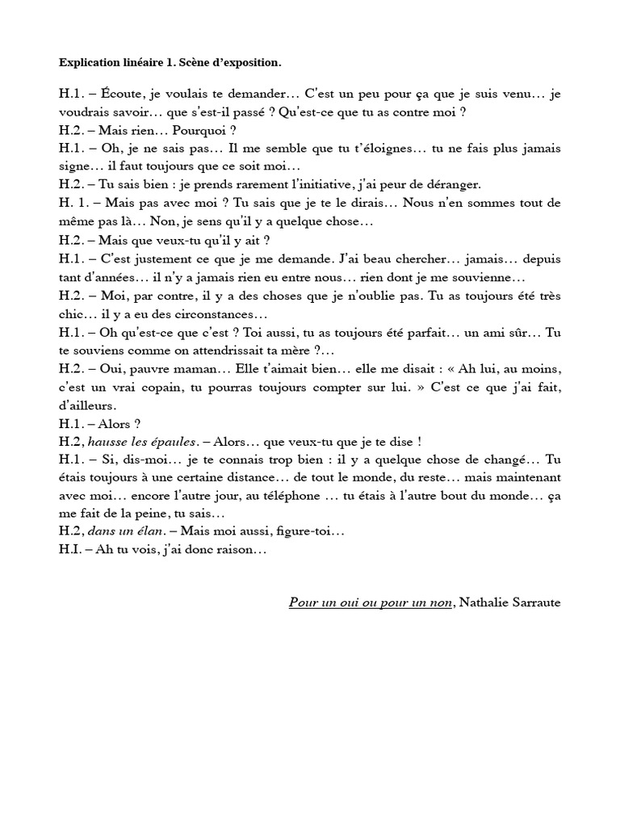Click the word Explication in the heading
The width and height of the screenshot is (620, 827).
pyautogui.click(x=90, y=62)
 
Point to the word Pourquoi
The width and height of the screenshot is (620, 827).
pyautogui.click(x=188, y=130)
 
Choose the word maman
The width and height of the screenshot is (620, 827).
pyautogui.click(x=189, y=369)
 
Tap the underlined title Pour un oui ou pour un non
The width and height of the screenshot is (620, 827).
pyautogui.click(x=370, y=603)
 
